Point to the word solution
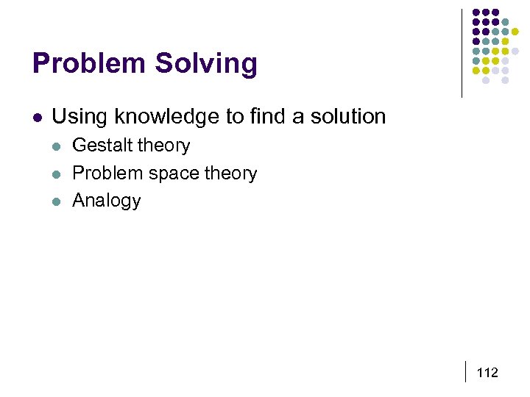347,116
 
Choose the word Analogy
106,201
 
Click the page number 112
487,373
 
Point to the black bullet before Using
37,117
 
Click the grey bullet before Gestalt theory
56,146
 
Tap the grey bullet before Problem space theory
56,174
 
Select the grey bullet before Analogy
56,201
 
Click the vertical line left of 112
467,372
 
